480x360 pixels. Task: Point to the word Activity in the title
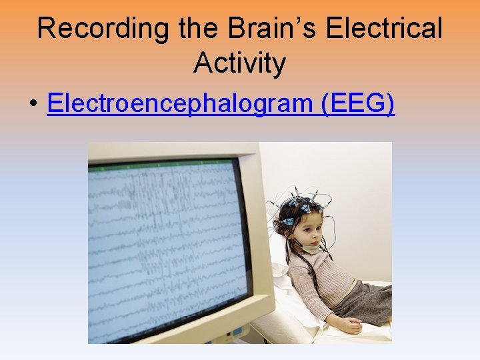coord(239,63)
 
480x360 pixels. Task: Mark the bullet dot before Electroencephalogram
coord(32,105)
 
